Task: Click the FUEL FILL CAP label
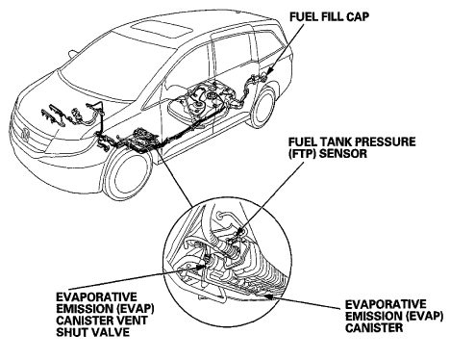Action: click(x=329, y=16)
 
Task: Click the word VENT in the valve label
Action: click(x=132, y=321)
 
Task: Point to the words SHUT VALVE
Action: click(x=93, y=332)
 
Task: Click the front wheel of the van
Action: click(x=128, y=176)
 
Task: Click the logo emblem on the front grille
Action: click(x=25, y=134)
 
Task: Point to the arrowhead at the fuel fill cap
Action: click(x=269, y=70)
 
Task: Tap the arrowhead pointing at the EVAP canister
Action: click(x=268, y=296)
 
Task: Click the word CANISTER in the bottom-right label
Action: click(x=374, y=327)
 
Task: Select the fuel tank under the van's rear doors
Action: click(x=205, y=99)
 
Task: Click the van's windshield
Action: click(x=112, y=69)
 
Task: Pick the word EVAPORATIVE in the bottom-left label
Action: click(x=96, y=296)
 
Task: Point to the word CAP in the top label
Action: click(x=358, y=16)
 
